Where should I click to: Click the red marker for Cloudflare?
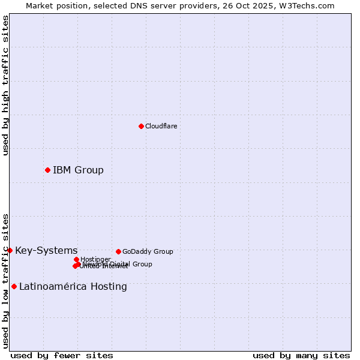pos(141,126)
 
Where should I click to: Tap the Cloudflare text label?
pos(161,126)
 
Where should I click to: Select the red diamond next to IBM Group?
pos(47,170)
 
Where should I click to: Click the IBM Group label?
pos(78,170)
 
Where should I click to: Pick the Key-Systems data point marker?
pos(10,250)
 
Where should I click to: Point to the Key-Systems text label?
pos(46,251)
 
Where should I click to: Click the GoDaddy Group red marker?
pos(118,251)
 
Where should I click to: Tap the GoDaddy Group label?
pos(148,252)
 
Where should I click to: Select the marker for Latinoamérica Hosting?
pos(14,286)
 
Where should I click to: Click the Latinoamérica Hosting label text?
pos(73,287)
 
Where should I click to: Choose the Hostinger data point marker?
pos(76,259)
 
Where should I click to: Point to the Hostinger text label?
pos(95,259)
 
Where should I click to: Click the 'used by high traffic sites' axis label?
pos(5,85)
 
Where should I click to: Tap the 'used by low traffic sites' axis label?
pos(5,280)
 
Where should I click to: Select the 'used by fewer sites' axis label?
pos(62,355)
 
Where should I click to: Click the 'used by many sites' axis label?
pos(301,355)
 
